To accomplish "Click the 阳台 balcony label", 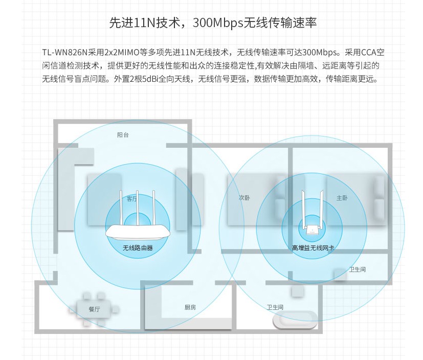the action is pos(123,135).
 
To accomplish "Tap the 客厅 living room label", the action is pos(132,199).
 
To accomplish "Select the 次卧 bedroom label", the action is pos(244,197).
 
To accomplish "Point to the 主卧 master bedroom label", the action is pos(342,197).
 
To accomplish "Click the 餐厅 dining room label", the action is pos(94,309).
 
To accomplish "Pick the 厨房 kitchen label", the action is pos(190,307).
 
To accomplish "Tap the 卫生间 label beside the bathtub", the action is pos(275,307).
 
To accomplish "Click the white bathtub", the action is pos(295,321).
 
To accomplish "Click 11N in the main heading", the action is pos(139,23).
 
